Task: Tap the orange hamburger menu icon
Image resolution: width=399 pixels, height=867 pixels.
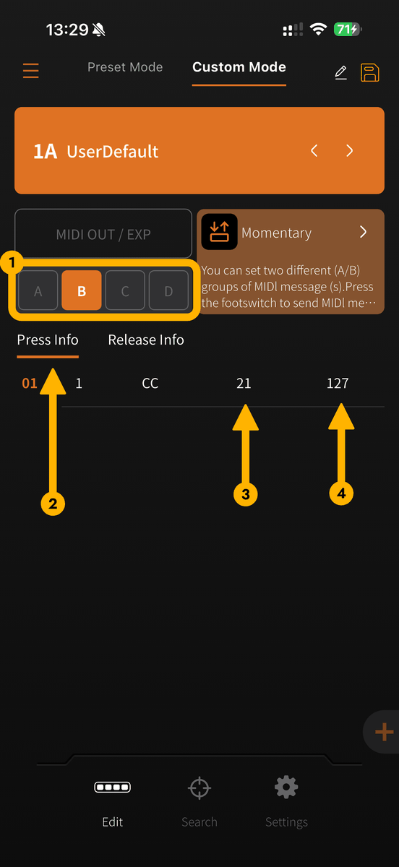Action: [x=30, y=71]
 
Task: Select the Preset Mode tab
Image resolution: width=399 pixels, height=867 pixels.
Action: [x=125, y=67]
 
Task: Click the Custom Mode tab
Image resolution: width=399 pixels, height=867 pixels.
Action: [x=239, y=67]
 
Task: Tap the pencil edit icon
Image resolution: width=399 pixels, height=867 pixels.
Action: [x=341, y=72]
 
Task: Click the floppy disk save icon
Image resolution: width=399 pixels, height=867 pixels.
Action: [x=370, y=72]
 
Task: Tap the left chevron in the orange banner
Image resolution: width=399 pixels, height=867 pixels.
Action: [x=314, y=150]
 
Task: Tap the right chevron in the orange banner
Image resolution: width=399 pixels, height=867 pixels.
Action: [x=349, y=150]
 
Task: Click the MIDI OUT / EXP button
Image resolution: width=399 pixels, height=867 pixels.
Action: [x=103, y=234]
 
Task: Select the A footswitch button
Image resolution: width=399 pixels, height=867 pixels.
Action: [x=38, y=290]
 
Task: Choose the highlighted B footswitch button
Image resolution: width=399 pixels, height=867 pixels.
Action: [x=82, y=290]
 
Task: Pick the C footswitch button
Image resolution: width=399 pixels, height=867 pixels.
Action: [x=125, y=290]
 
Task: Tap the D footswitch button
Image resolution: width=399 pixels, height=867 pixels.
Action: [x=168, y=290]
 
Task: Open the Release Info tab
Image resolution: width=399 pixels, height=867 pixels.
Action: [x=146, y=340]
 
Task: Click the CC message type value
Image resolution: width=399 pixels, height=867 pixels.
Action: [x=150, y=383]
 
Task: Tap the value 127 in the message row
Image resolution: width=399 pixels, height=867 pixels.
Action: [x=338, y=383]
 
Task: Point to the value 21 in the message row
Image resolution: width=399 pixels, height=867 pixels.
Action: [x=244, y=383]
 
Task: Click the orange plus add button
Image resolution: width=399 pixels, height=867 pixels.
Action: [x=384, y=732]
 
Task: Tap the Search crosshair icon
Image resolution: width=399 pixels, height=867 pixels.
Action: [x=199, y=788]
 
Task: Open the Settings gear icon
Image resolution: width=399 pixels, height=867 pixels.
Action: [x=286, y=787]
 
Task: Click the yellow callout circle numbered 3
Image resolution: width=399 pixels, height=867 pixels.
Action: [x=246, y=494]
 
